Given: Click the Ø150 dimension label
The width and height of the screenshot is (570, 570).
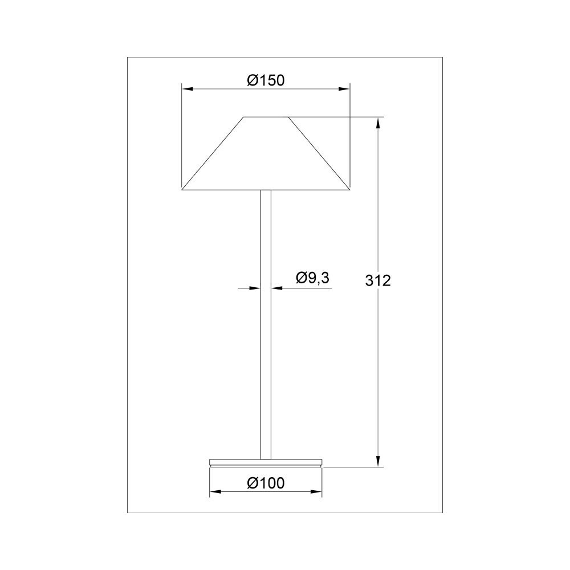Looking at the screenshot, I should point(266,81).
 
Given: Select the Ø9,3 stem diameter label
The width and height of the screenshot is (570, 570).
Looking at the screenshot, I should point(313,278).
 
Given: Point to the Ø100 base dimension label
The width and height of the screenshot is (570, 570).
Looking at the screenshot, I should point(266,483).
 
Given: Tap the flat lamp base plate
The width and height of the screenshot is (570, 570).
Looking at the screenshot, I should point(266,462).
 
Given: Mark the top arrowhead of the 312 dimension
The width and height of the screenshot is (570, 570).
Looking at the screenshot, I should point(378,122).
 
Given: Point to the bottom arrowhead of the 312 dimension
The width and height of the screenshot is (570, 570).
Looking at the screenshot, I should point(378,462).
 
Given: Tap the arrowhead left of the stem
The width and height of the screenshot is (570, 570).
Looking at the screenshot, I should point(256,288).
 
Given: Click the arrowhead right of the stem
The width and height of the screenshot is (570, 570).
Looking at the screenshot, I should point(276,288).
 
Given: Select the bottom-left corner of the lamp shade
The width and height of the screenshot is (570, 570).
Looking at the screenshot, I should point(182,189).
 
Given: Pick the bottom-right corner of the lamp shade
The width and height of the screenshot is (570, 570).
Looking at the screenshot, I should point(349,189).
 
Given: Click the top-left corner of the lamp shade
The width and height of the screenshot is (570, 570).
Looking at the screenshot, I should point(244,117).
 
